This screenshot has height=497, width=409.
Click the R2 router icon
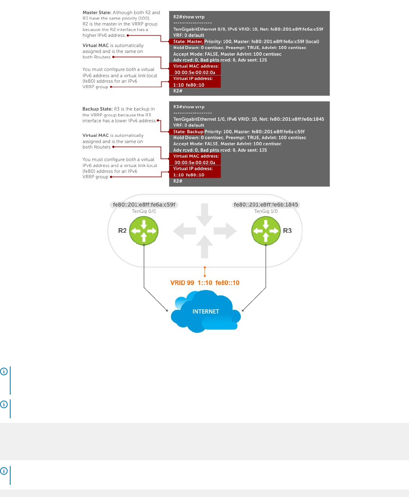coord(144,231)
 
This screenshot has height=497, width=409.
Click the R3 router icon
coord(266,231)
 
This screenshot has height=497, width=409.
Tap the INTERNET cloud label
coord(205,312)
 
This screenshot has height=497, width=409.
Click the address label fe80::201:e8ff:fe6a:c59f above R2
coord(144,205)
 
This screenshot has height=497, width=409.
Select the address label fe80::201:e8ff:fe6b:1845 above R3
coord(266,205)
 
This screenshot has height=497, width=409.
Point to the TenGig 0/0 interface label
coord(144,211)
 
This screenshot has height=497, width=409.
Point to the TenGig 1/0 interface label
coord(266,211)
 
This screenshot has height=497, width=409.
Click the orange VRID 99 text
coord(182,283)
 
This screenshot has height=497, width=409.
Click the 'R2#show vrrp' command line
coord(189,17)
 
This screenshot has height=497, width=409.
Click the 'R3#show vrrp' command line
coord(189,107)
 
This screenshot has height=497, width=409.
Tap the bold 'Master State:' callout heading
coord(97,13)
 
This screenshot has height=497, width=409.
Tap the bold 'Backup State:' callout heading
coord(97,109)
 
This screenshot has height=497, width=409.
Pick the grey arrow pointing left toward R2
coord(184,231)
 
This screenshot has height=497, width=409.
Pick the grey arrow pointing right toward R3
coord(226,231)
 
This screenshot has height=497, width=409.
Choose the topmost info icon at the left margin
coord(4,371)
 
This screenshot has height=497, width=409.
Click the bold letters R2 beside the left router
coord(123,231)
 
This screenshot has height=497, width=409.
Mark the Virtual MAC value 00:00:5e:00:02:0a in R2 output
coord(195,73)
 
